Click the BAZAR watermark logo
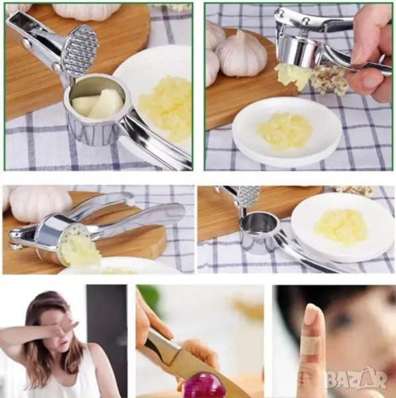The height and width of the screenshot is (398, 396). click(x=356, y=380)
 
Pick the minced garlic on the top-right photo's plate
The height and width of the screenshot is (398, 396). click(x=285, y=131)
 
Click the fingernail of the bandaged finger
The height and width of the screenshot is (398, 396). click(x=312, y=314)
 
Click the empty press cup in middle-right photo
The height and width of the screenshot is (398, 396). click(x=259, y=233)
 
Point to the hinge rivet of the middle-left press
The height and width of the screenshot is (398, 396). click(x=13, y=232)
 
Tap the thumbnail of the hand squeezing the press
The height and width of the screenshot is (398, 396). click(x=364, y=54)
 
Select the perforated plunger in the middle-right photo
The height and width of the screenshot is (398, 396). click(x=249, y=196)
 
